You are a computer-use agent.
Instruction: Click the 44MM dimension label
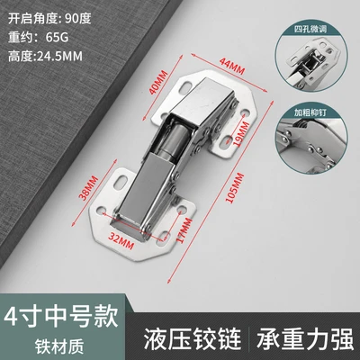click(232, 67)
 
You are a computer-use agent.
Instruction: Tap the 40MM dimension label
click(159, 82)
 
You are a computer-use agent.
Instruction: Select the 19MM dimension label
click(242, 134)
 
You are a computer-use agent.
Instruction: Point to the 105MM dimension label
click(235, 188)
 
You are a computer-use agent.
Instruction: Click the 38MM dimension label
click(88, 188)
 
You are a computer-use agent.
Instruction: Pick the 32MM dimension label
click(121, 240)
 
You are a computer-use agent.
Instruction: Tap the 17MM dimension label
click(184, 230)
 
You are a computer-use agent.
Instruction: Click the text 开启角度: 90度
click(49, 19)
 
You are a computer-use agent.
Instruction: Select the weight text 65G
click(58, 38)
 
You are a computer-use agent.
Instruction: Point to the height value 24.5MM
click(59, 56)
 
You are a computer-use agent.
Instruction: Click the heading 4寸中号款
click(61, 318)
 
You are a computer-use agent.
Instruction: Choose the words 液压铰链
click(193, 338)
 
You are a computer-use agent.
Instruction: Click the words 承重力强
click(305, 338)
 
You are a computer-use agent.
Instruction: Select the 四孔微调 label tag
click(310, 29)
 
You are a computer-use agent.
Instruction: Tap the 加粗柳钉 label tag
click(310, 112)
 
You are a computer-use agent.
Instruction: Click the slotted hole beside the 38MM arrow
click(121, 182)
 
